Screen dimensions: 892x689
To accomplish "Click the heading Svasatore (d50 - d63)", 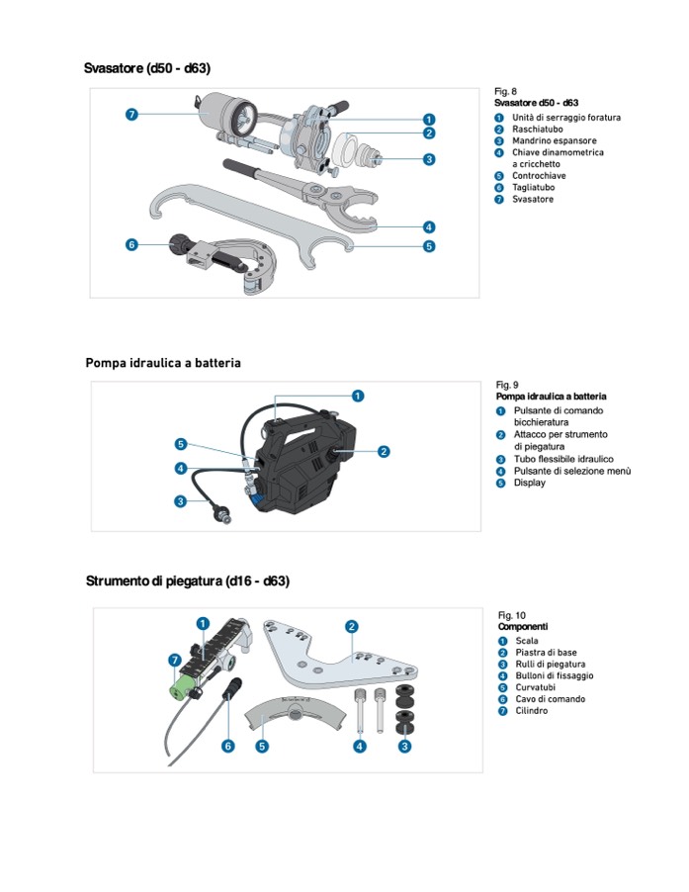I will (x=147, y=68).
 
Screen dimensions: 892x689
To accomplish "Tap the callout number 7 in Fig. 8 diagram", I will (x=131, y=115).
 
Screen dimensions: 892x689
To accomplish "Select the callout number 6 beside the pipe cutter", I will (x=131, y=244).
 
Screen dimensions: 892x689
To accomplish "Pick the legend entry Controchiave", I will (x=539, y=176).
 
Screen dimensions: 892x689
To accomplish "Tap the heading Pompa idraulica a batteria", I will (x=163, y=363).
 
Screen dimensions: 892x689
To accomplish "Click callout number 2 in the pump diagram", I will (x=384, y=451).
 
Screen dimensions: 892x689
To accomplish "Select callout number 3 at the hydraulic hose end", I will (x=180, y=501).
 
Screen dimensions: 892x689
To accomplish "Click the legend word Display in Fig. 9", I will (x=529, y=483).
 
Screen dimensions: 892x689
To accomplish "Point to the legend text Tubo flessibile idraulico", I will (x=562, y=459).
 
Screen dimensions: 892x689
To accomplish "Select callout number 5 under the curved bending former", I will (x=262, y=746).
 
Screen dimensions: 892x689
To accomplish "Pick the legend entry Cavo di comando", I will (x=550, y=699).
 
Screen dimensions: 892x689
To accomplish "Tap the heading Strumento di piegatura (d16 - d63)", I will (x=188, y=580).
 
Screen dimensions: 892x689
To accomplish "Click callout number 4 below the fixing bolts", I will (x=360, y=746).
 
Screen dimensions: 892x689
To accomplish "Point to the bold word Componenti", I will (x=523, y=627).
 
